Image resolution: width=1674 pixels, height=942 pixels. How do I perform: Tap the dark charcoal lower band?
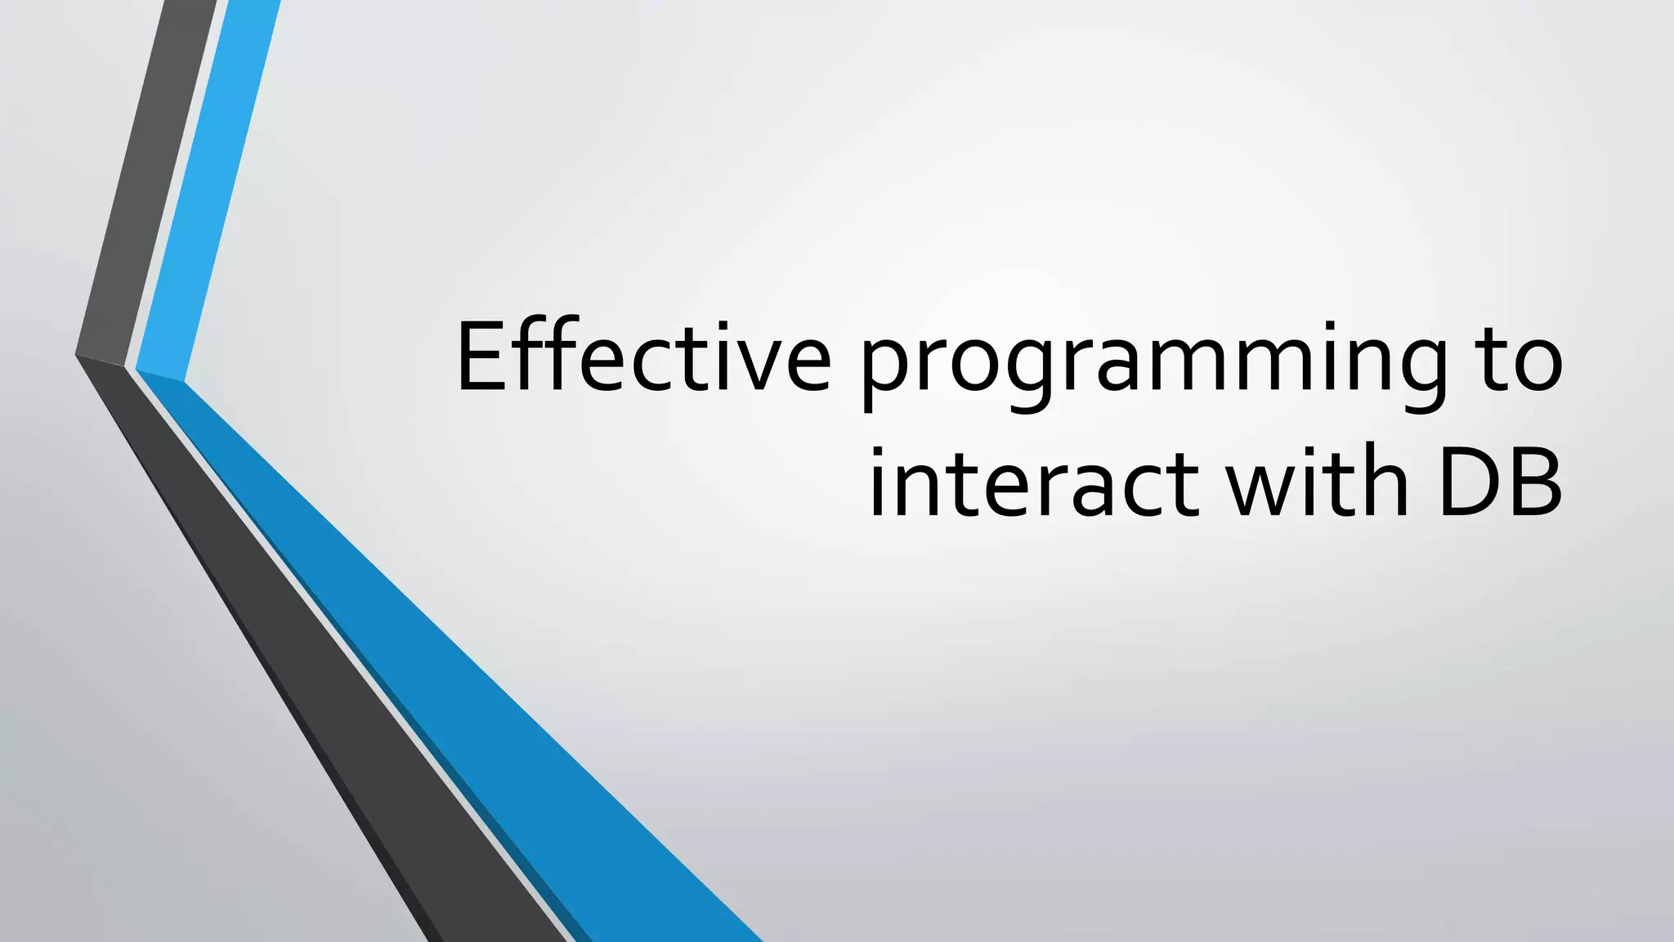(x=327, y=695)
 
